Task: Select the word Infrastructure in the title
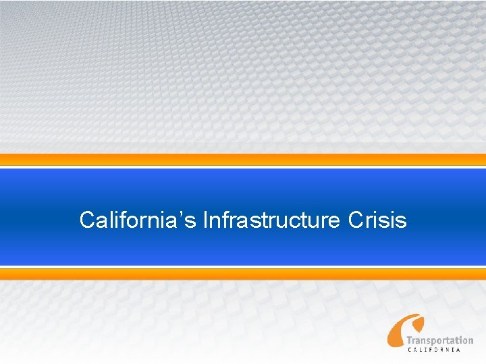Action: click(271, 220)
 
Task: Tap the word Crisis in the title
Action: click(377, 220)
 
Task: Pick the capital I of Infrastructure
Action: click(205, 220)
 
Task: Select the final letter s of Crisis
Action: click(402, 222)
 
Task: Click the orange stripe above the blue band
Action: click(243, 160)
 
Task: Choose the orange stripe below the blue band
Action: click(243, 273)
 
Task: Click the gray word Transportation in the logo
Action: click(439, 340)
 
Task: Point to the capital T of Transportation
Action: click(409, 340)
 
